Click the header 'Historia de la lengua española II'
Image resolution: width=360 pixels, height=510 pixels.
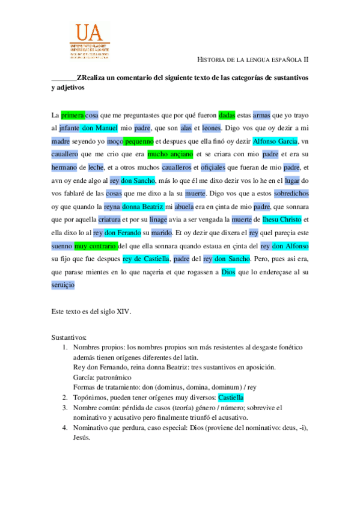[252, 60]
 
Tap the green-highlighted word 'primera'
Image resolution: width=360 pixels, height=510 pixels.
[73, 114]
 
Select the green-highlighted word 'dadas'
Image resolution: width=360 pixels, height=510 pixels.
[227, 114]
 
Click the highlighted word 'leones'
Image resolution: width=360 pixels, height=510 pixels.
[211, 128]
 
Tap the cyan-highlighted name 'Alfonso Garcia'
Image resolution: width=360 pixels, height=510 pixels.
[276, 141]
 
